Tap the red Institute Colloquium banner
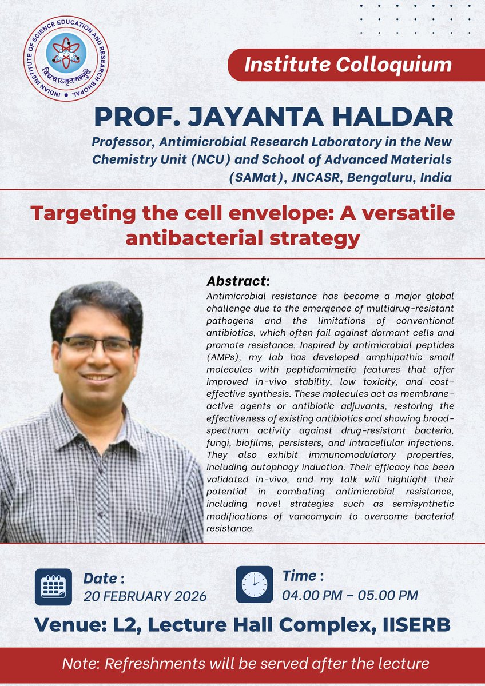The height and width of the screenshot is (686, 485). (x=348, y=65)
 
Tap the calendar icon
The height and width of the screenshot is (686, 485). (x=53, y=587)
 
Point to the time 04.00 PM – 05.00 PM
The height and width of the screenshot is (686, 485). (x=350, y=595)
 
